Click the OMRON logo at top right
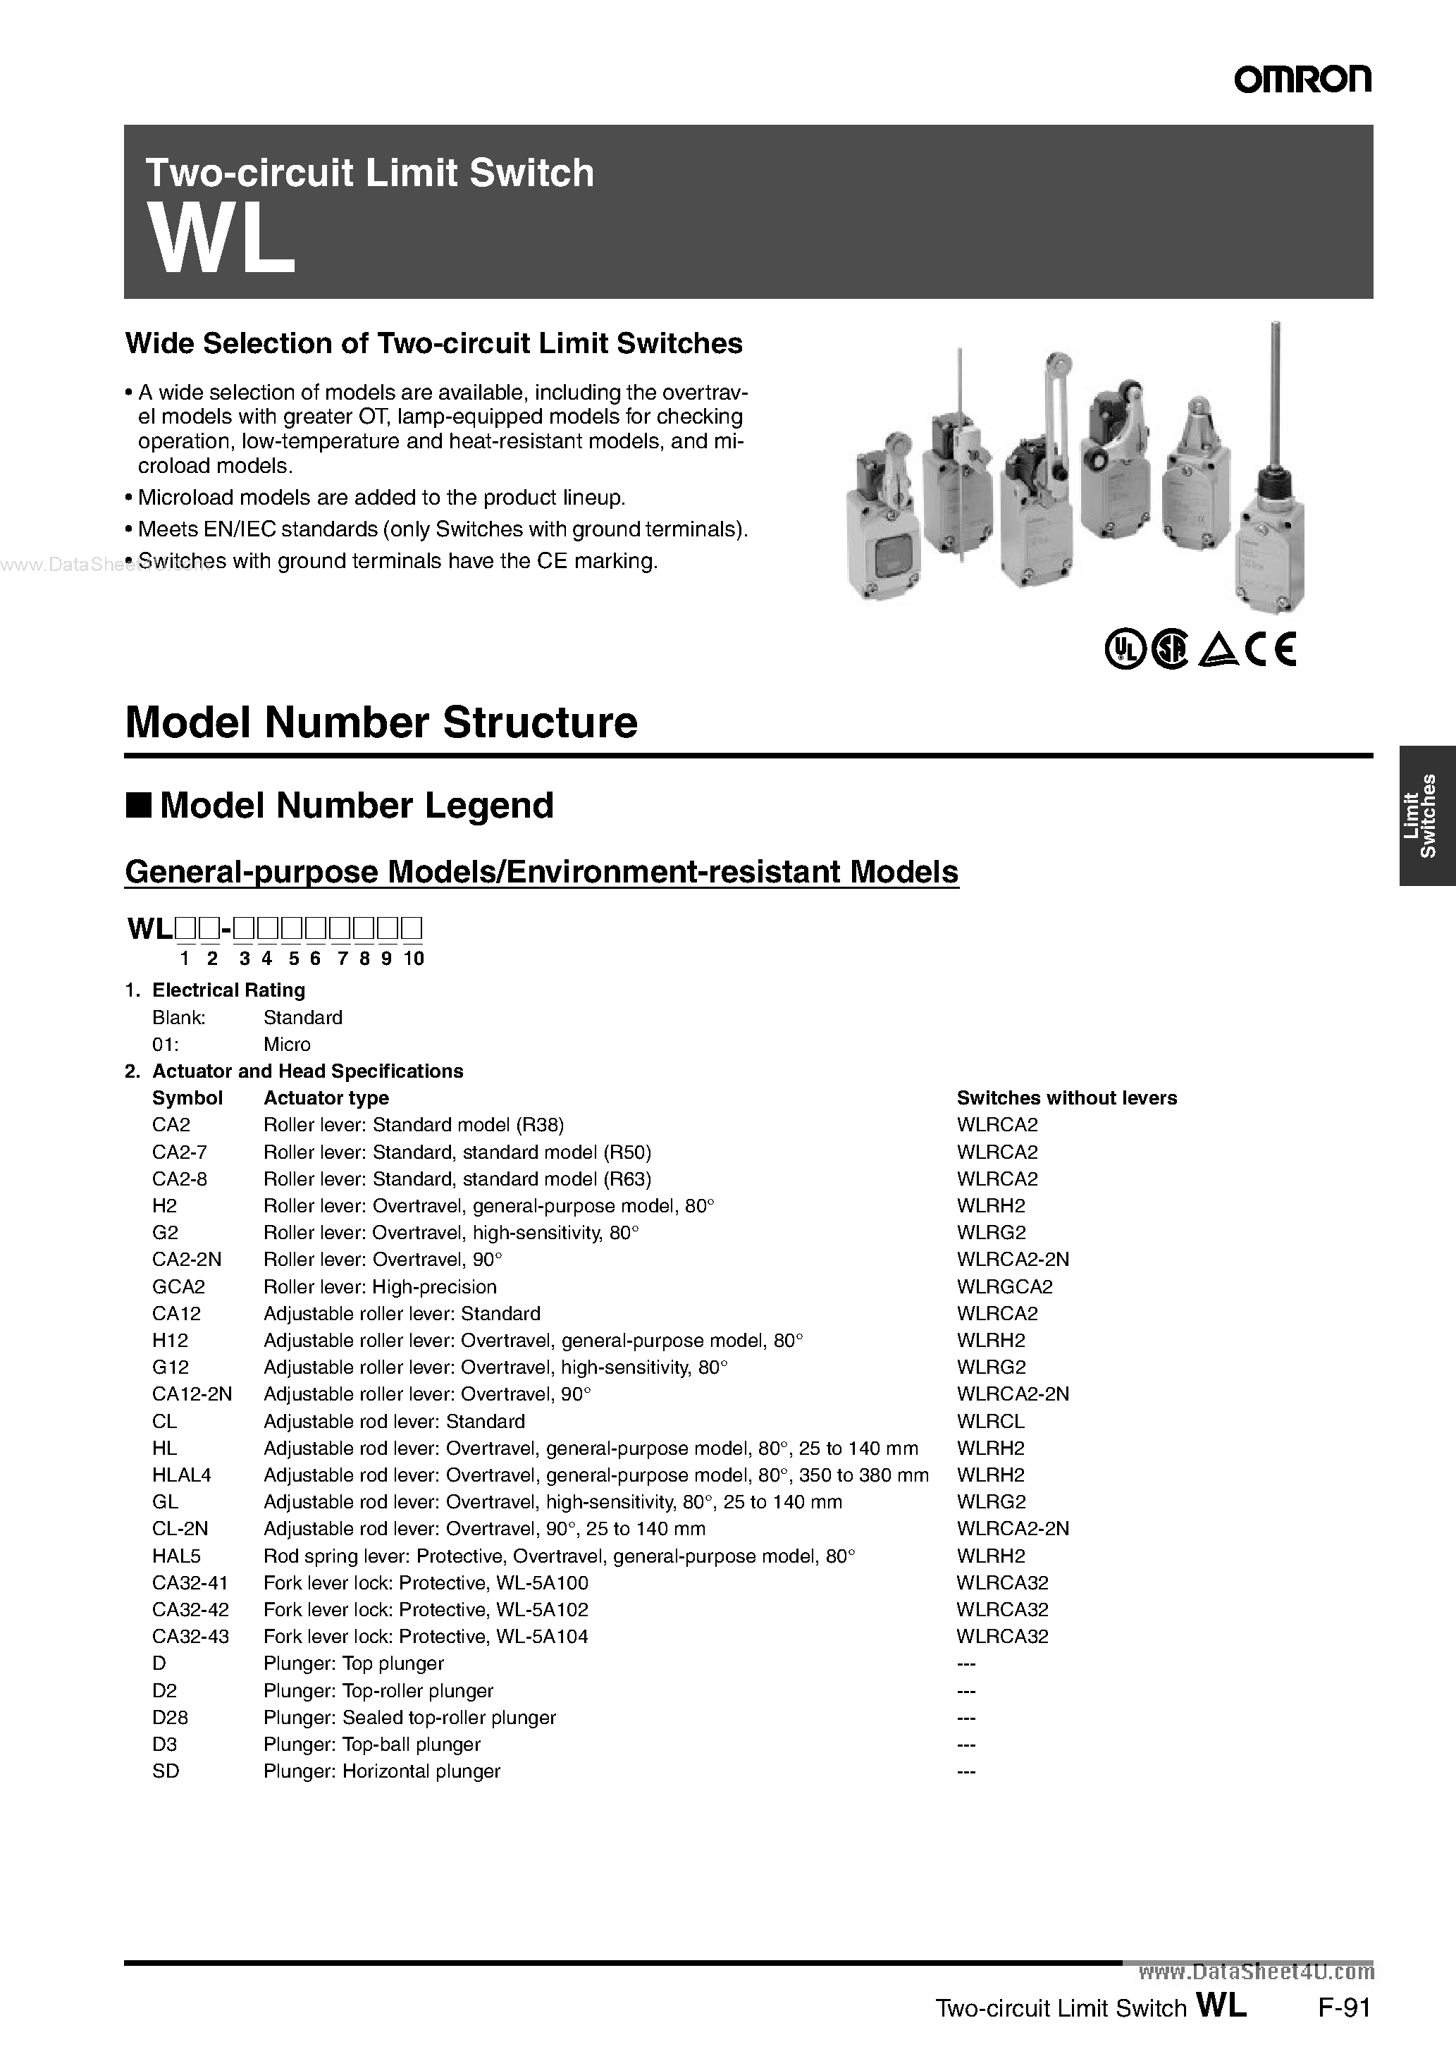tap(1302, 79)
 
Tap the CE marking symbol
tap(1271, 649)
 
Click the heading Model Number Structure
tap(381, 722)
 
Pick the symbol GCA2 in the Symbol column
tap(178, 1286)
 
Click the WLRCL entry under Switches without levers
tap(990, 1421)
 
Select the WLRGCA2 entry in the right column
tap(1004, 1286)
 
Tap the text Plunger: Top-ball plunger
tap(371, 1744)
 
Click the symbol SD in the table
tap(166, 1771)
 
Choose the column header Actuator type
tap(326, 1098)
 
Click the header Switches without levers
tap(1066, 1098)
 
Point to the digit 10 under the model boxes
tap(413, 958)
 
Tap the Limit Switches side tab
tap(1426, 815)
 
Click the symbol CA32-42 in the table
tap(190, 1609)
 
